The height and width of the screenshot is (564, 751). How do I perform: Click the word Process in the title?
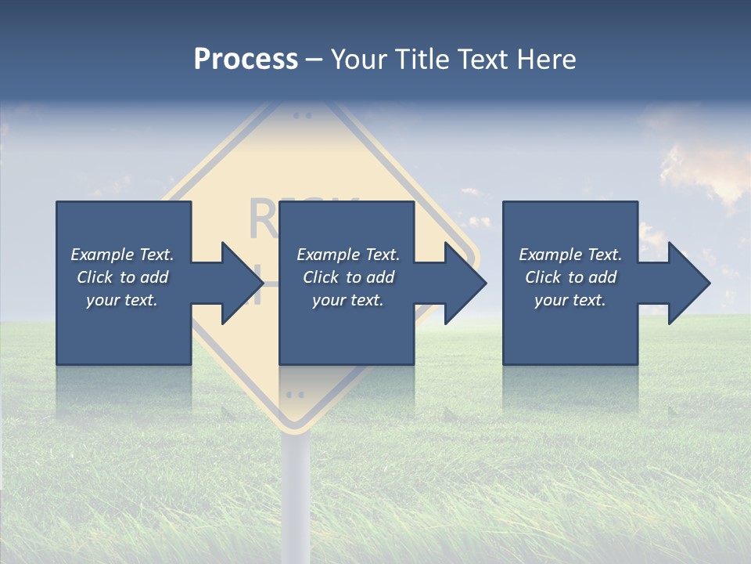pyautogui.click(x=246, y=60)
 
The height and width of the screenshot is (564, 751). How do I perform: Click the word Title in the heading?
pyautogui.click(x=422, y=60)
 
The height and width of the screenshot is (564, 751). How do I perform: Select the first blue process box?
pyautogui.click(x=124, y=329)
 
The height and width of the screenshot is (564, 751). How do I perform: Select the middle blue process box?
pyautogui.click(x=347, y=329)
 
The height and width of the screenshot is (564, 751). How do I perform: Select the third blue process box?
pyautogui.click(x=570, y=329)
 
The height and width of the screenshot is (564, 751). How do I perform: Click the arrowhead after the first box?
pyautogui.click(x=242, y=283)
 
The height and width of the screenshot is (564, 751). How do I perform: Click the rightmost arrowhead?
pyautogui.click(x=688, y=283)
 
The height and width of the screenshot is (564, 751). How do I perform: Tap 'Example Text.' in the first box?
pyautogui.click(x=122, y=255)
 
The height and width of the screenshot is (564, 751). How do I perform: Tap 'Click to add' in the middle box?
pyautogui.click(x=349, y=277)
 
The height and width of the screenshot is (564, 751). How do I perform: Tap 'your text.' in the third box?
pyautogui.click(x=570, y=300)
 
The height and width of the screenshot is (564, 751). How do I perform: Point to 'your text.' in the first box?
pyautogui.click(x=122, y=300)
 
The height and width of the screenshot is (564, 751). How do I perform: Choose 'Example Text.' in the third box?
pyautogui.click(x=570, y=255)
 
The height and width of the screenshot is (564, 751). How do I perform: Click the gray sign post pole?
pyautogui.click(x=296, y=493)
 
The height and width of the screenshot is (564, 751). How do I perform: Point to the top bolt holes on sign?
pyautogui.click(x=302, y=115)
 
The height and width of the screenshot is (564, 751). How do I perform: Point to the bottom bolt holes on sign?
pyautogui.click(x=295, y=394)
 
